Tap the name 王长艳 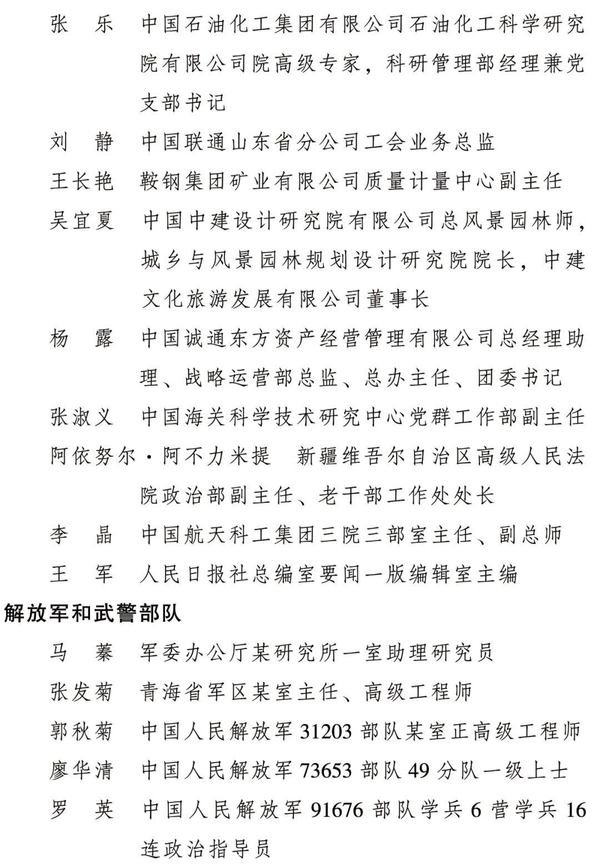pyautogui.click(x=82, y=181)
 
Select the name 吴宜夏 pyautogui.click(x=82, y=221)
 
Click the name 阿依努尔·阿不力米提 pyautogui.click(x=161, y=456)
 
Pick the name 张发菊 pyautogui.click(x=82, y=692)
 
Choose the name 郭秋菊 pyautogui.click(x=82, y=731)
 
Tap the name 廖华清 pyautogui.click(x=82, y=771)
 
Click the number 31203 pyautogui.click(x=326, y=731)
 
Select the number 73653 pyautogui.click(x=326, y=771)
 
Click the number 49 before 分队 pyautogui.click(x=420, y=771)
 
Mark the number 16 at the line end pyautogui.click(x=576, y=810)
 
